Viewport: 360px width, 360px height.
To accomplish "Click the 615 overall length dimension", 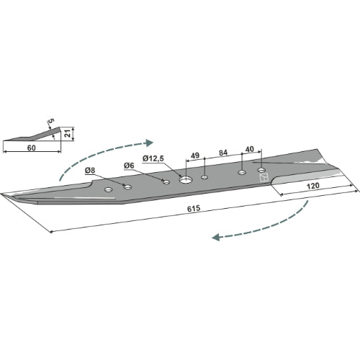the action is coord(194,208).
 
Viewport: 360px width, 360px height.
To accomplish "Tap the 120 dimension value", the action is coord(313,186).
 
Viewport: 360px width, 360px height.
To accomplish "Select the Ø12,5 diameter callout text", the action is coord(153,158).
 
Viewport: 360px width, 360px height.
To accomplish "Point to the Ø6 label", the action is coord(129,166).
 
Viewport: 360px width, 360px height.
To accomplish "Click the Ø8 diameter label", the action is coord(90,171).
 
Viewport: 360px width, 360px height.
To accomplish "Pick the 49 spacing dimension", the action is coord(194,156).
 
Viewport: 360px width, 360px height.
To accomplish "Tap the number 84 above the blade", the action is coord(223,153).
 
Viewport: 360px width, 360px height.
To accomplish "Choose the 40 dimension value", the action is coord(250,149).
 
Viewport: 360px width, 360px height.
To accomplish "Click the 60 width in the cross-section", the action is coord(31,148).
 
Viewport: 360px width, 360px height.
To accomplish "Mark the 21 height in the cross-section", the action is coord(68,133).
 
